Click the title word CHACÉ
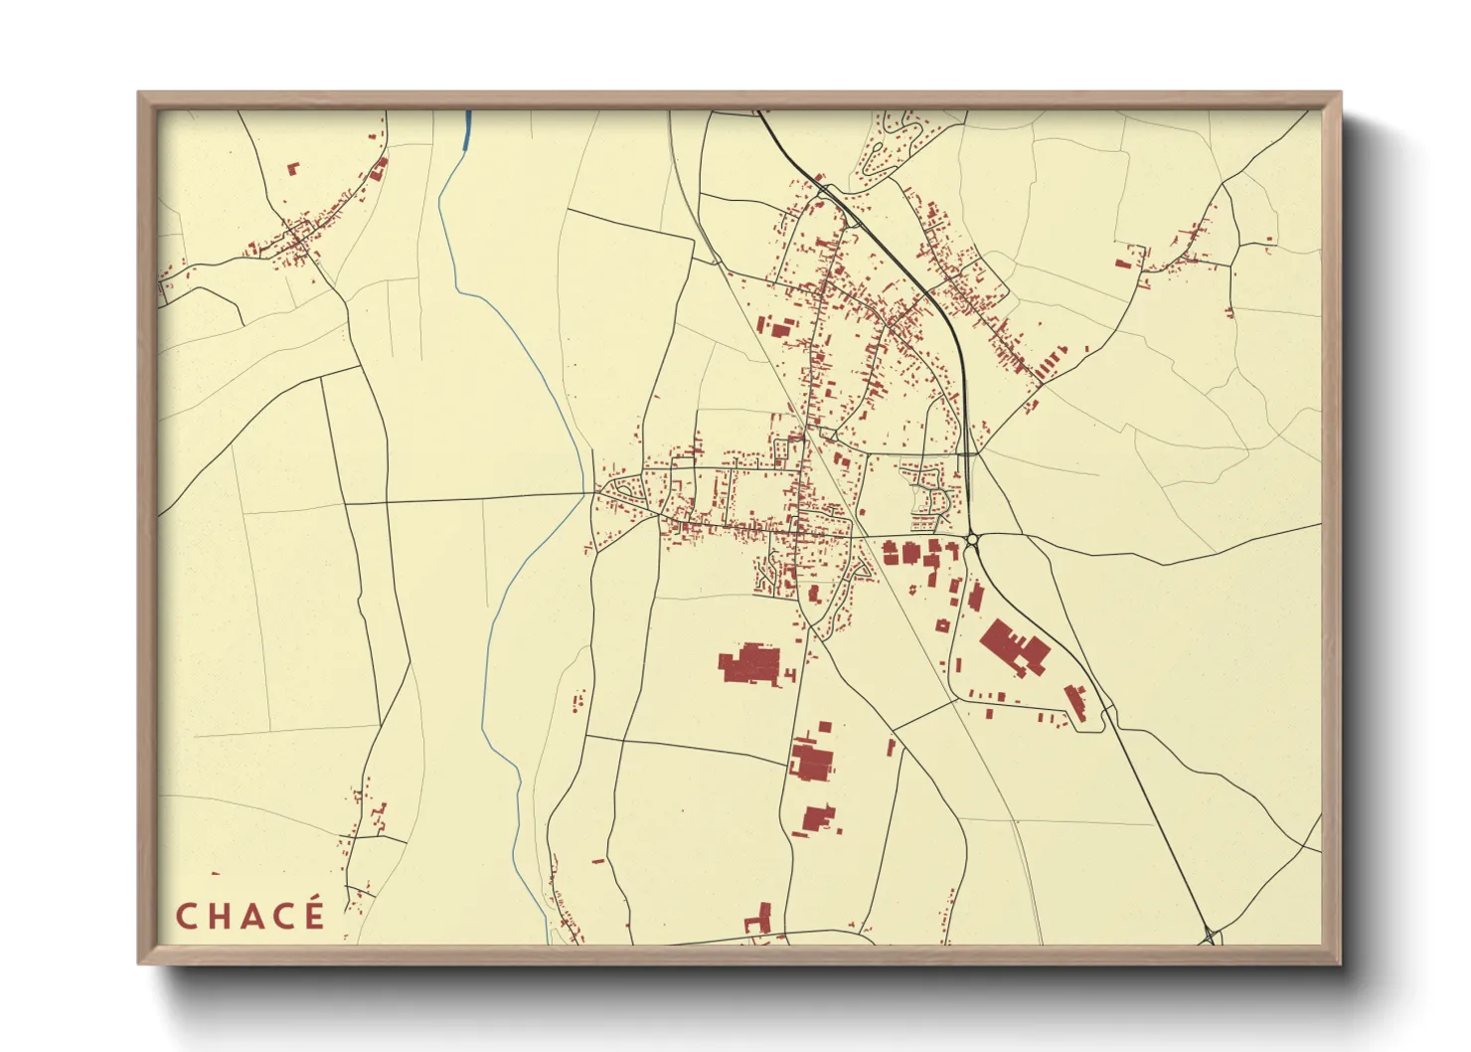click(x=249, y=916)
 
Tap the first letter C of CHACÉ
click(x=186, y=916)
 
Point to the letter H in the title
click(x=219, y=916)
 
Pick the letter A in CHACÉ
click(x=250, y=916)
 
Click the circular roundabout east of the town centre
click(x=972, y=540)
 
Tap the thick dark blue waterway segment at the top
click(x=467, y=130)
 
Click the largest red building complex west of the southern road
click(x=750, y=663)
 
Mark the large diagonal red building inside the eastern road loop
click(x=1014, y=646)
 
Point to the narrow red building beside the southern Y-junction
click(x=892, y=746)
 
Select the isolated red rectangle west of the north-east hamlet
click(x=1122, y=264)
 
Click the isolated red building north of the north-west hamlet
click(x=292, y=169)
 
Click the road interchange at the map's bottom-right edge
click(x=1212, y=936)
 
